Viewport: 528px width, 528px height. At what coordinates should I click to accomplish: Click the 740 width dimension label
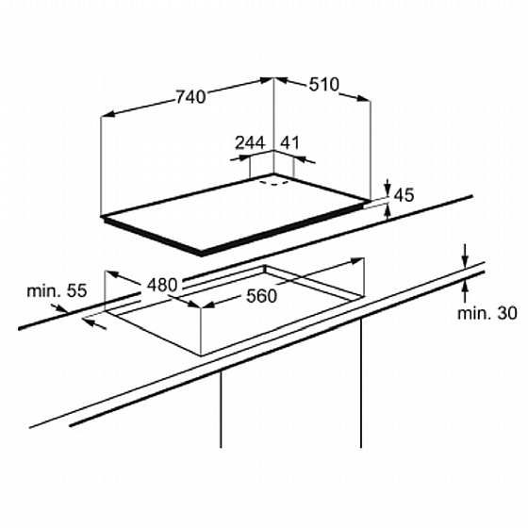coord(190,96)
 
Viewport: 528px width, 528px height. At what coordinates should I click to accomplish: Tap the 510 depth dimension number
coord(324,84)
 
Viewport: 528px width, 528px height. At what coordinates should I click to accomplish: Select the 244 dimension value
coord(250,142)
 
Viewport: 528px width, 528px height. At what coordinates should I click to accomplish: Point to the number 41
coord(290,142)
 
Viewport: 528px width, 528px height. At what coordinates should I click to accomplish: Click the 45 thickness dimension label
coord(404,195)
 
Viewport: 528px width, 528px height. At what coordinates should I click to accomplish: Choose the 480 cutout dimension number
coord(162,285)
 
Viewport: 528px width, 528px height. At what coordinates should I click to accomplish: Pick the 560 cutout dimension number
coord(262,296)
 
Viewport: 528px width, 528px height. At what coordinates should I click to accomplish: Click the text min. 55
coord(57,290)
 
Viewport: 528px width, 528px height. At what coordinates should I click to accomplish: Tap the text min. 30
coord(487,313)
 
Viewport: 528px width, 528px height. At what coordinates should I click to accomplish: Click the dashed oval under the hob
coord(273,183)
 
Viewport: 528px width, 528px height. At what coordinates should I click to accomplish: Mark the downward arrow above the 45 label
coord(388,187)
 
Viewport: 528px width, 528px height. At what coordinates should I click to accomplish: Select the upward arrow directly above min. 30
coord(465,290)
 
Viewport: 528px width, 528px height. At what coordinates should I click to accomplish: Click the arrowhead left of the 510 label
coord(282,80)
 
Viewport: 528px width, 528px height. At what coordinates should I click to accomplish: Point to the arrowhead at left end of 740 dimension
coord(107,114)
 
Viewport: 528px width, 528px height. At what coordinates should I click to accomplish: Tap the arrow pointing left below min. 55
coord(94,324)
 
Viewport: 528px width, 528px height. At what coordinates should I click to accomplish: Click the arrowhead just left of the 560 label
coord(208,305)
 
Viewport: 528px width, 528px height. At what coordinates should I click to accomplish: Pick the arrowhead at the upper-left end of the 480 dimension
coord(113,274)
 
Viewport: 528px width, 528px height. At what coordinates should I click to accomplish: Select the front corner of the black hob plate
coord(202,254)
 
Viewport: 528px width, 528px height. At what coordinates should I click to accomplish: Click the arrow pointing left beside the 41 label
coord(305,159)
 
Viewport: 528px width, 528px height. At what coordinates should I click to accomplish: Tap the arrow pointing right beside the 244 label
coord(240,157)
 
